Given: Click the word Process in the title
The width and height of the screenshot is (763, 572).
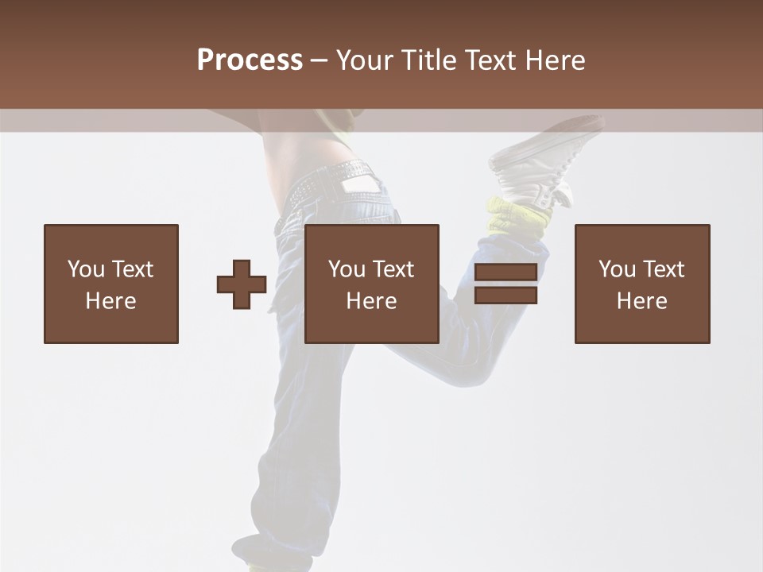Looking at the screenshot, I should tap(250, 60).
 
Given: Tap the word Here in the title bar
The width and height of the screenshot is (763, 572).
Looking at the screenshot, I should tap(555, 60).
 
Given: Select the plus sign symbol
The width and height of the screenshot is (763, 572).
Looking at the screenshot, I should tap(242, 284).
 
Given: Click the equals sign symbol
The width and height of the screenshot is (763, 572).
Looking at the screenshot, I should tap(505, 284).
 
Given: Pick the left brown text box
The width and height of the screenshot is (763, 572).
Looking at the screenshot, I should tap(111, 284).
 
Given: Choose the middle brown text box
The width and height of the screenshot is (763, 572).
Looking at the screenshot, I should tap(372, 284).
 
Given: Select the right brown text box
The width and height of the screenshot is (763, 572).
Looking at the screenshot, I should tap(642, 284).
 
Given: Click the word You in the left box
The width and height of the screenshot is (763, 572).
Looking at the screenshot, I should tap(87, 269).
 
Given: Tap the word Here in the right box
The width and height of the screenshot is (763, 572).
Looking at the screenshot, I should tap(642, 301).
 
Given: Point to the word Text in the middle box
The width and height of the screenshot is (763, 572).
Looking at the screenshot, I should tap(393, 269).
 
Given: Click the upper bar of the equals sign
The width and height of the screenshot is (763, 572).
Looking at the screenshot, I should tap(505, 272).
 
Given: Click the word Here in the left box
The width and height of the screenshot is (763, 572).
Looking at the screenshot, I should tap(111, 301).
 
